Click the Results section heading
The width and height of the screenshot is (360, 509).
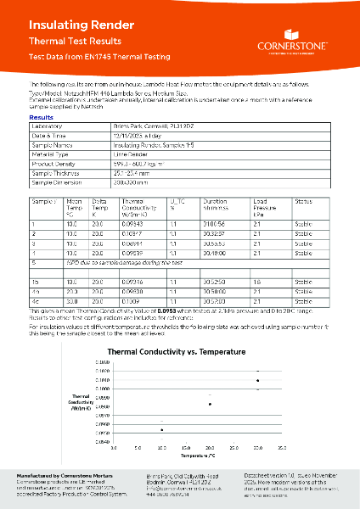pos(42,118)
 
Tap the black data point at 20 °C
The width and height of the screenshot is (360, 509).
pos(209,404)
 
